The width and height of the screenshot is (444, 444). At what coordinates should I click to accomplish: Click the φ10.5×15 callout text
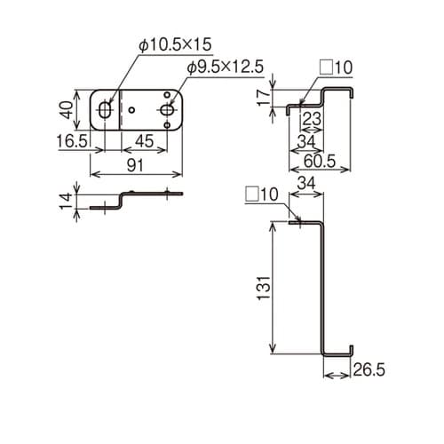click(x=175, y=44)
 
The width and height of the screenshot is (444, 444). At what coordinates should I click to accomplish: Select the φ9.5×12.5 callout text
click(x=226, y=67)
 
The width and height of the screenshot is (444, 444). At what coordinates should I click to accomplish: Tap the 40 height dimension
click(x=67, y=109)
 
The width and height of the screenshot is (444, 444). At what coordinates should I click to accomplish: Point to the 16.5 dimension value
click(x=72, y=141)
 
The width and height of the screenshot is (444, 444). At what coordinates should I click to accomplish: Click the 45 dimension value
click(x=144, y=141)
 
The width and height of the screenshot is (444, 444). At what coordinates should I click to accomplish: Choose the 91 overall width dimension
click(x=135, y=165)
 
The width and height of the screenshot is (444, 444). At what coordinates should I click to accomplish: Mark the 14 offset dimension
click(x=67, y=201)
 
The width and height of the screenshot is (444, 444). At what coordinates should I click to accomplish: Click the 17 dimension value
click(x=264, y=98)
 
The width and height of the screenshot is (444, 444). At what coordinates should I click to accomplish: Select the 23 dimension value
click(x=312, y=120)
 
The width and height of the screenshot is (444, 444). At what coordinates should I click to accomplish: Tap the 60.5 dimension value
click(x=320, y=162)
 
